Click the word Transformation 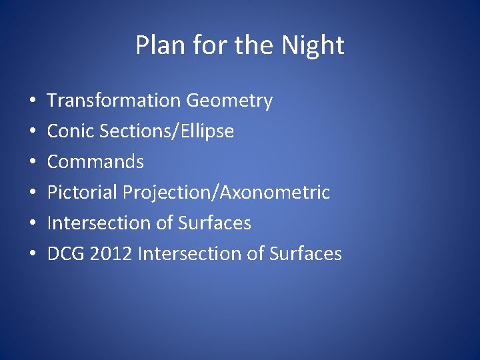pos(114,101)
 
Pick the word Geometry pos(229,101)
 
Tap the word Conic pos(71,131)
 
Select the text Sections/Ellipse pos(167,131)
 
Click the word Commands pos(95,162)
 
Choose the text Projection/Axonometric pos(227,193)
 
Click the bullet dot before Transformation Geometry pos(33,101)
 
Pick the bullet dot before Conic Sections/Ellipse pos(33,132)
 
